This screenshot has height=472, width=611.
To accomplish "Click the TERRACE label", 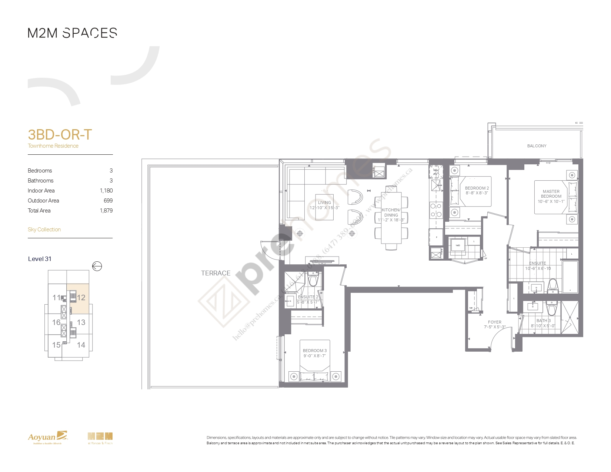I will coord(216,273).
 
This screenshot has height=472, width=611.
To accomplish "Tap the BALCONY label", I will coord(537,146).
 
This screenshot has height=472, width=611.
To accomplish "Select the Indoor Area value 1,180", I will coord(106,191).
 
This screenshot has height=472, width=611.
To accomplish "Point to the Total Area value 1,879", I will coord(106,211).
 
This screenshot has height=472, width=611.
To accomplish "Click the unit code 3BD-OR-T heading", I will coord(60,135).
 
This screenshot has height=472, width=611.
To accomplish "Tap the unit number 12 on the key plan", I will coord(81,298).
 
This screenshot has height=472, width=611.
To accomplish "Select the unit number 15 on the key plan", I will coord(56,345).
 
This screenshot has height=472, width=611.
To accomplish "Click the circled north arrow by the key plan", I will coord(97,266).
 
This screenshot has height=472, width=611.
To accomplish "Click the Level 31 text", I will coord(40,259).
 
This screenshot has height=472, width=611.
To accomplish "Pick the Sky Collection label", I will coord(44,230).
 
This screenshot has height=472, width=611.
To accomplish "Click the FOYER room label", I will coord(494,322).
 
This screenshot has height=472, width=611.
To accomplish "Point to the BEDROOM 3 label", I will coord(315,351).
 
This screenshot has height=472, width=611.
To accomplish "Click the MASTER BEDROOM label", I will coord(551,194).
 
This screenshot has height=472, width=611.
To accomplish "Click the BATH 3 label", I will coord(543,321).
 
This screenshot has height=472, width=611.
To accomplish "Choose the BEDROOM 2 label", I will coord(477,188).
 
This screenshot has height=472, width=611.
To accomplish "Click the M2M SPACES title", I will coord(73,33).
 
